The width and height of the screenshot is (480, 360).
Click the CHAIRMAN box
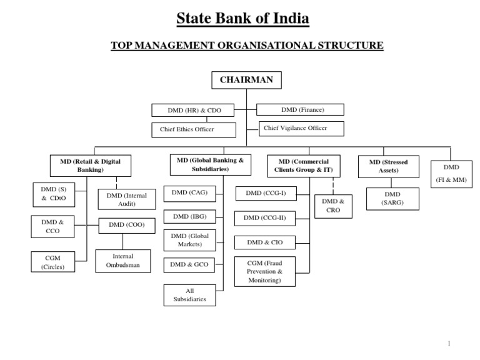(x=246, y=81)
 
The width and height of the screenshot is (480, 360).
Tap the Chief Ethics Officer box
(x=194, y=129)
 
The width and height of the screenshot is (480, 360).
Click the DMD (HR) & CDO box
(x=194, y=111)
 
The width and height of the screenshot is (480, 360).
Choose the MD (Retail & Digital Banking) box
(x=90, y=165)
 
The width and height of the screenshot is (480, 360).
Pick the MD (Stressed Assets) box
(x=387, y=166)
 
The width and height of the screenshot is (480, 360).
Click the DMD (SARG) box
(x=392, y=198)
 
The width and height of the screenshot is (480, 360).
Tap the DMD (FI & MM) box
(x=451, y=173)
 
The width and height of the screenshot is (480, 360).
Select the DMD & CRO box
(x=332, y=206)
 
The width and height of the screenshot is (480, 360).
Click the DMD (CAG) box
(x=189, y=194)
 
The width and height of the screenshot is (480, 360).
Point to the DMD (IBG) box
(x=189, y=216)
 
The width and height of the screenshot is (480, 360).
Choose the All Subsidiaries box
(x=189, y=296)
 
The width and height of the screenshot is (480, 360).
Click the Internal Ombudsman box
(x=122, y=261)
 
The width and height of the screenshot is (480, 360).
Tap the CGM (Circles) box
(x=52, y=262)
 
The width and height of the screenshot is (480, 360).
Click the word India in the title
(x=284, y=19)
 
